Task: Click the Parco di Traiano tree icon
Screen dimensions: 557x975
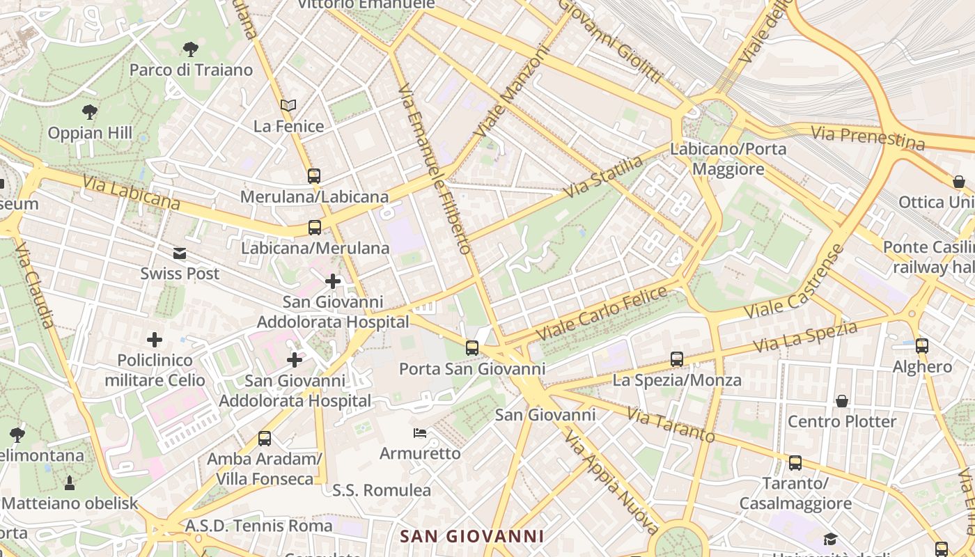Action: click(190, 49)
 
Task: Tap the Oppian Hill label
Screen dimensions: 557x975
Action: click(90, 132)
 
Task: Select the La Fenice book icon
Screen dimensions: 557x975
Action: click(288, 105)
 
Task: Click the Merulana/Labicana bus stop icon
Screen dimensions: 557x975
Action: click(314, 175)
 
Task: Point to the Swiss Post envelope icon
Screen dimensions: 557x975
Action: click(180, 253)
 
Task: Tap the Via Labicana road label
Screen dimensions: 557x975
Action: click(132, 191)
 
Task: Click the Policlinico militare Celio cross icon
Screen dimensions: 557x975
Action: click(155, 340)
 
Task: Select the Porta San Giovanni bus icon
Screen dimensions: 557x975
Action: click(472, 347)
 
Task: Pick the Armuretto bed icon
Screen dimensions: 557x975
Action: click(420, 433)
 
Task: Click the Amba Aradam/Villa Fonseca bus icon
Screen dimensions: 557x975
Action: click(265, 438)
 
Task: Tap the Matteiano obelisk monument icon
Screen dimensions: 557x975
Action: click(70, 483)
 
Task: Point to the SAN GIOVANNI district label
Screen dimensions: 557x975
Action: click(472, 536)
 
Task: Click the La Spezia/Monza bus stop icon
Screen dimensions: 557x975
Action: click(677, 359)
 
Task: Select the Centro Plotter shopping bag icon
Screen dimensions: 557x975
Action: click(842, 401)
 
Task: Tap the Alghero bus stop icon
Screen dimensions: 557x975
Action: click(922, 345)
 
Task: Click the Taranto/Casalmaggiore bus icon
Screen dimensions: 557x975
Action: click(795, 462)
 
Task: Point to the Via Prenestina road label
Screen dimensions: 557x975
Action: click(868, 138)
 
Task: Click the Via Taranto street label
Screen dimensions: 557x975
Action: click(671, 425)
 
